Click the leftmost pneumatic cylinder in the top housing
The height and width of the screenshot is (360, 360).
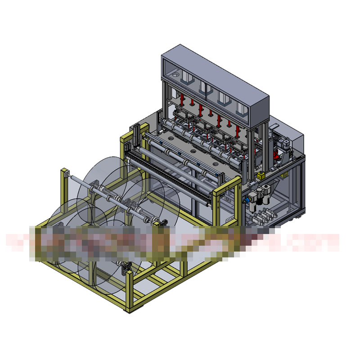click(186, 78)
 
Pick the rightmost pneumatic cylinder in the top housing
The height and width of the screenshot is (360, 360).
click(242, 110)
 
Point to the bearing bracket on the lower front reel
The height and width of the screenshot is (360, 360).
click(126, 268)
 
